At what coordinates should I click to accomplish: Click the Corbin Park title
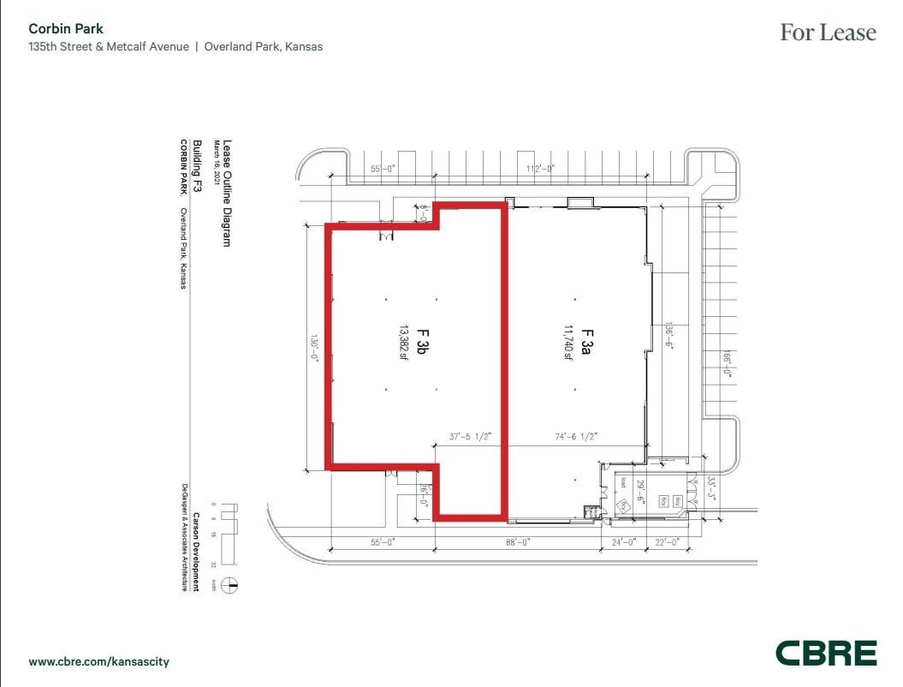(x=66, y=29)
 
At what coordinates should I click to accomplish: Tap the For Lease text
(x=828, y=33)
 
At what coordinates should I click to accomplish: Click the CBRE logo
(x=826, y=653)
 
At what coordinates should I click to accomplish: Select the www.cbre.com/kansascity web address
(x=99, y=662)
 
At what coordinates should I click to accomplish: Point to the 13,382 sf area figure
(x=401, y=343)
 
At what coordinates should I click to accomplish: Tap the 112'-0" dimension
(x=542, y=170)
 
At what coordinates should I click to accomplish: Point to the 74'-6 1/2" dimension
(x=576, y=436)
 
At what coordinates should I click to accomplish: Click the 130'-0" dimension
(x=315, y=347)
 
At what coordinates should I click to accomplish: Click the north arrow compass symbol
(x=229, y=586)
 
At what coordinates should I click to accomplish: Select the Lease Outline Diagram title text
(x=227, y=194)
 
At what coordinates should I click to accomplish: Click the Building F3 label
(x=196, y=164)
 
